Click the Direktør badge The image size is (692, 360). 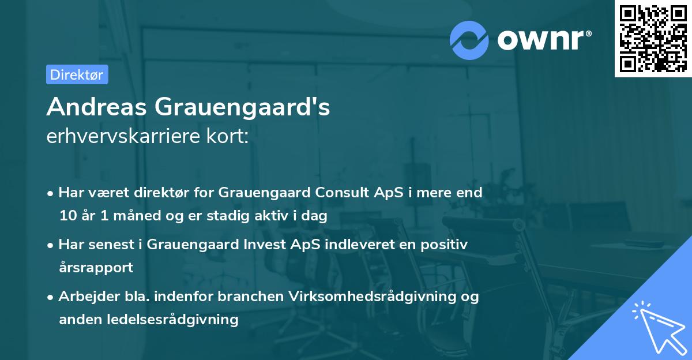(77, 74)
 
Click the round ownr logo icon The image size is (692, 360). (469, 39)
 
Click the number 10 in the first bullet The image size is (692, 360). (67, 216)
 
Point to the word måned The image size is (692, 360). (129, 216)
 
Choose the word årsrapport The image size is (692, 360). (96, 268)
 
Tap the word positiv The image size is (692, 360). (446, 244)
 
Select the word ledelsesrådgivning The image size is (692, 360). (170, 319)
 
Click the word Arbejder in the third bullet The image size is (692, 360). (85, 296)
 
